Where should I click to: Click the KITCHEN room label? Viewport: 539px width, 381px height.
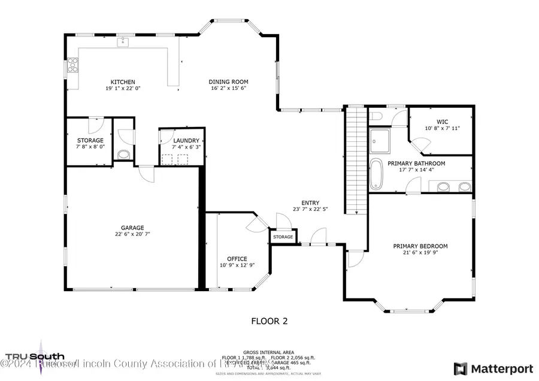point(122,82)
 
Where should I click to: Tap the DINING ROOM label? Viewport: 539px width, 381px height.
point(228,82)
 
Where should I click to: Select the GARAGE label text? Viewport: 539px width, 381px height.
point(132,228)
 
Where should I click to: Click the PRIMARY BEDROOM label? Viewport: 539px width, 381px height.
point(420,246)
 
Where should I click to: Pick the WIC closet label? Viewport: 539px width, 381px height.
point(443,122)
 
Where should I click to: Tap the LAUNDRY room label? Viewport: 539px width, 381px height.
point(182,140)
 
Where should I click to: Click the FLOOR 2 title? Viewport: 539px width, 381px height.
point(269,321)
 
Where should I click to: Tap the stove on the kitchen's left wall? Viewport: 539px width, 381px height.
point(72,64)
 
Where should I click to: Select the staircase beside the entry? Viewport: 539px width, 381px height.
point(356,159)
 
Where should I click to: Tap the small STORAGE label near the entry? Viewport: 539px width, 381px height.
point(283,237)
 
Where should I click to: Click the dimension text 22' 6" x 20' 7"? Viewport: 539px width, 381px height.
point(132,235)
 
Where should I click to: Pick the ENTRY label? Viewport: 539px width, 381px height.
point(310,202)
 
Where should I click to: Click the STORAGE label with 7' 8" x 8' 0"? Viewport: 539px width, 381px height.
point(90,140)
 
